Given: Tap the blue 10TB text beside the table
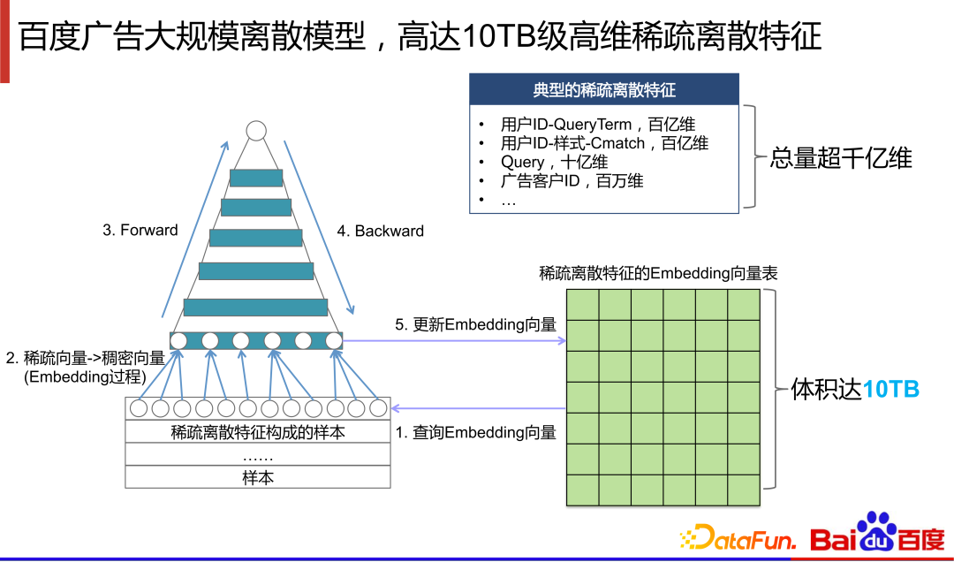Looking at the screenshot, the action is point(890,389).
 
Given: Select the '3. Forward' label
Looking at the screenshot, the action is point(140,231).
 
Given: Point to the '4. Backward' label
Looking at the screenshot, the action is point(380,232).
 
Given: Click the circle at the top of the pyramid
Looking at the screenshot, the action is point(256,132).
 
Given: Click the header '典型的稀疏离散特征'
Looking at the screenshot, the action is point(604,90).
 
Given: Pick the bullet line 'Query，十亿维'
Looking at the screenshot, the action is point(554,162).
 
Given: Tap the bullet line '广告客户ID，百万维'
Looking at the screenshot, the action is point(572,181).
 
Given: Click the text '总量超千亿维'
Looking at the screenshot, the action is point(840,158).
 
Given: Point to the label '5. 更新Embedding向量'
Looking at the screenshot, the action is point(475,324).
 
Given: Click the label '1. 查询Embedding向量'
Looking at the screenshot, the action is point(475,432).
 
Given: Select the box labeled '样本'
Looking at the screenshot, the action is point(258,477).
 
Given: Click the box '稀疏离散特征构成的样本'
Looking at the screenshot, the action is point(258,432).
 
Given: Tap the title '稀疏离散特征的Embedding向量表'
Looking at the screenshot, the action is point(658,273).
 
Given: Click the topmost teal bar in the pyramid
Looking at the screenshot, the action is point(256,177).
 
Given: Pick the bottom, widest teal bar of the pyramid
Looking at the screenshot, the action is point(256,307).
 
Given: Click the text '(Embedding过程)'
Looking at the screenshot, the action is point(84,377).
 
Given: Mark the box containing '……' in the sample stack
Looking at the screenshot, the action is point(258,455).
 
